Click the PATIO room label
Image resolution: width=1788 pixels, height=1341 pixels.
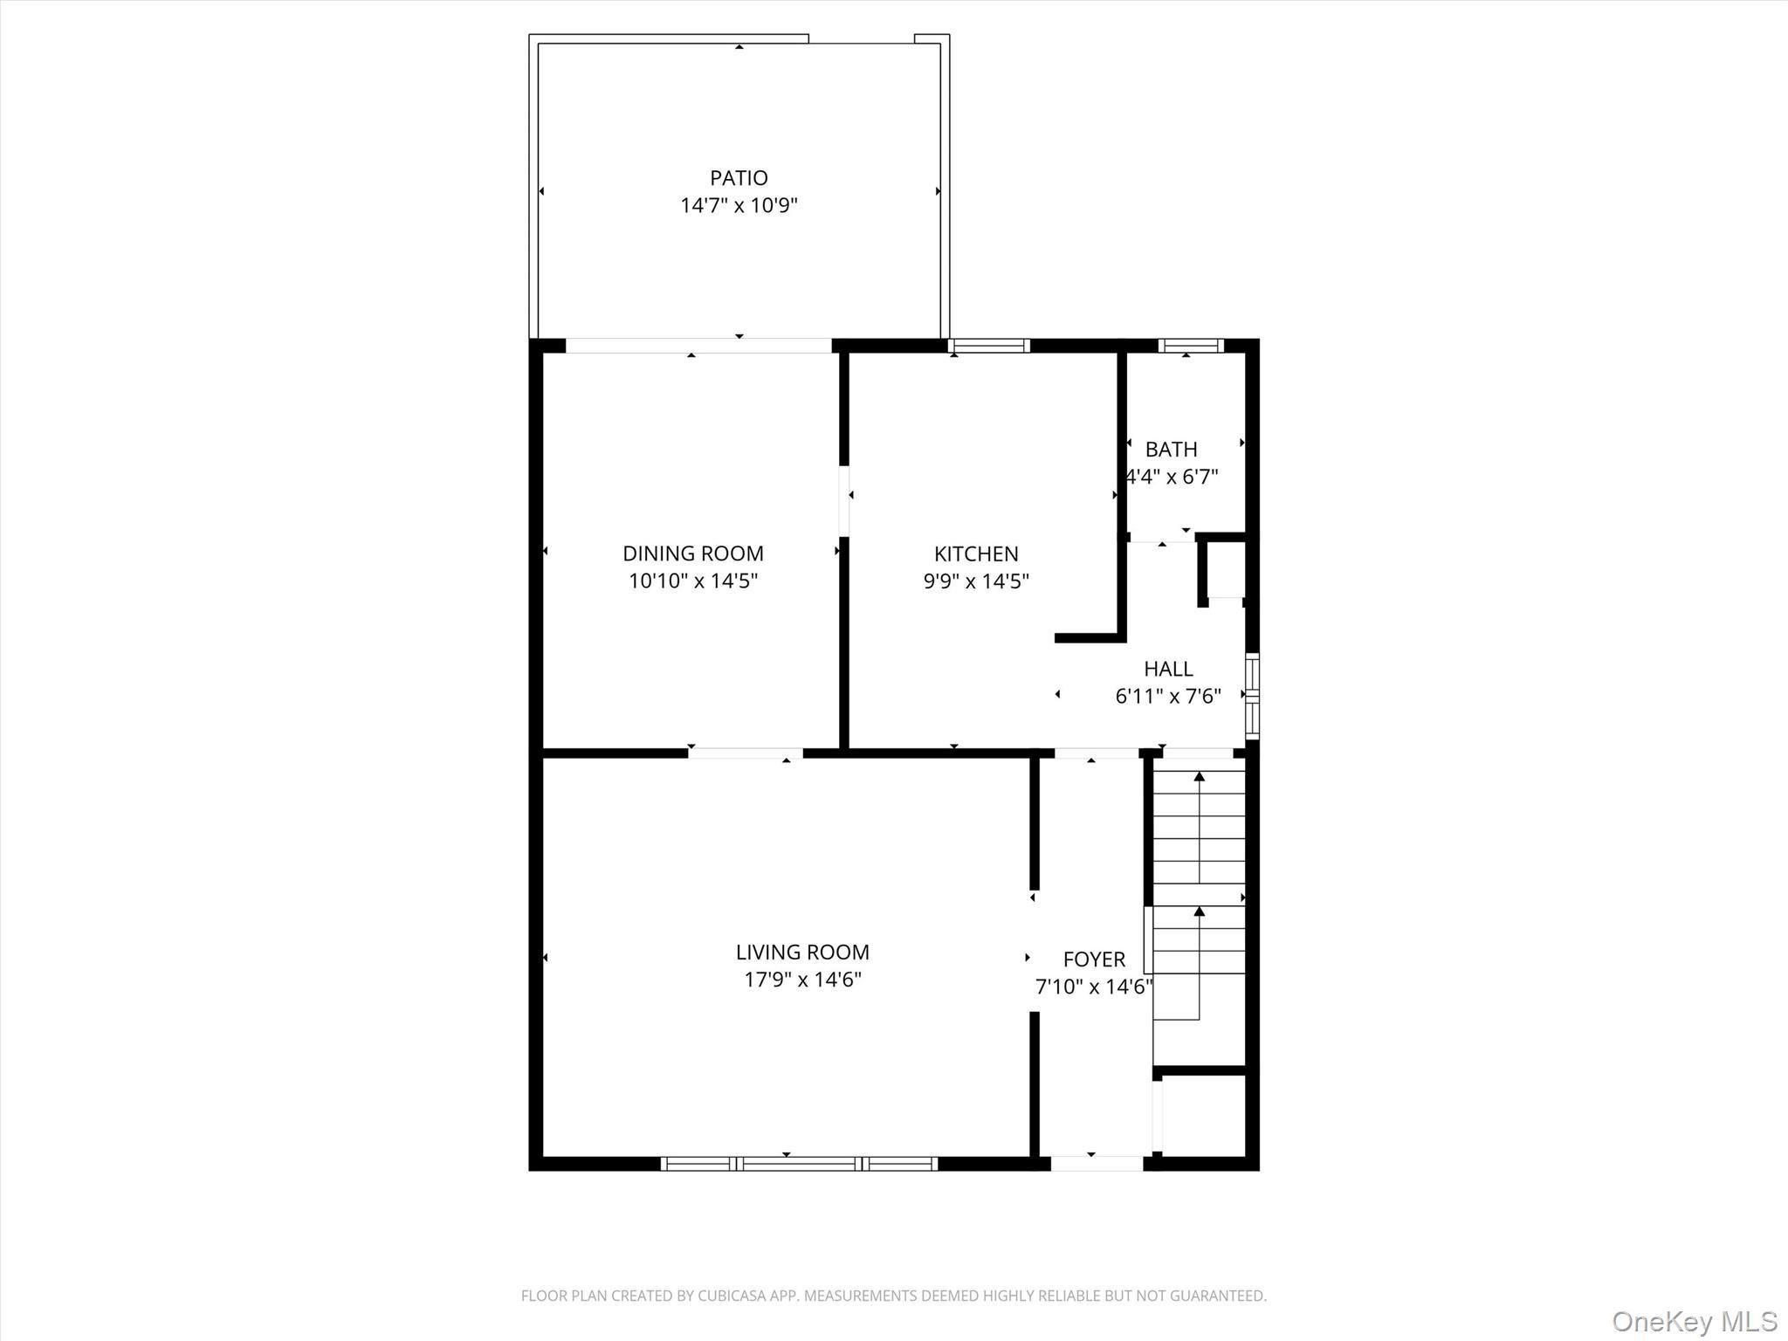coord(739,178)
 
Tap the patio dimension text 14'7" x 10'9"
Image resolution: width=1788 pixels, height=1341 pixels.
coord(739,206)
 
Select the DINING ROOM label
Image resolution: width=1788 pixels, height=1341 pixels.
coord(692,554)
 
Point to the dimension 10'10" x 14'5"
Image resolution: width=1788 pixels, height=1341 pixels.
coord(692,581)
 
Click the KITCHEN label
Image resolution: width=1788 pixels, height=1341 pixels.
coord(976,554)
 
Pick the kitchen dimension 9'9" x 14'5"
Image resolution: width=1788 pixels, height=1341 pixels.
coord(976,581)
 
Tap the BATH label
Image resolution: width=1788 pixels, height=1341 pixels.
coord(1171,450)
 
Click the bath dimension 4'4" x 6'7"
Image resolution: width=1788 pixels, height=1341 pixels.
coord(1172,478)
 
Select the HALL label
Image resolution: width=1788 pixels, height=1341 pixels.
coord(1168,669)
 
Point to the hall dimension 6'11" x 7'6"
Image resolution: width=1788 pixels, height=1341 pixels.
coord(1168,697)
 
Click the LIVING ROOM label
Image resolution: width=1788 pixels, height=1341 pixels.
coord(802,952)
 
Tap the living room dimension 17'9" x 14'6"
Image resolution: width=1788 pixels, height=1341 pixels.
coord(802,980)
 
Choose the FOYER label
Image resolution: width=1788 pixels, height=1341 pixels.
coord(1094,959)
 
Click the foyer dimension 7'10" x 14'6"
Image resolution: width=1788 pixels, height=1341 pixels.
coord(1094,987)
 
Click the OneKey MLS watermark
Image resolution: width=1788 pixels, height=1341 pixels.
coord(1694,1321)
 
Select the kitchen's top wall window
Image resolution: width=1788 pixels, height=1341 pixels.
coord(989,346)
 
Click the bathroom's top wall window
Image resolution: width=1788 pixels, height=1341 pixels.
coord(1191,346)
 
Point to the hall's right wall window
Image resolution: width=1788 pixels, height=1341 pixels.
coord(1252,696)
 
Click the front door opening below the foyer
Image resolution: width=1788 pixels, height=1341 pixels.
coord(1097,1163)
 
